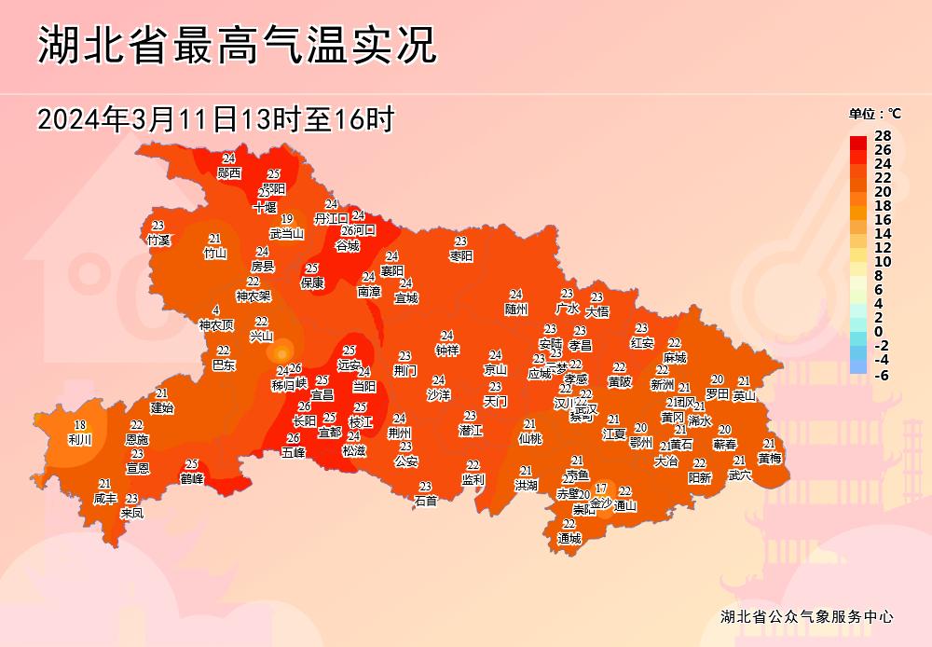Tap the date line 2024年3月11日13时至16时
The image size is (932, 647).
pyautogui.click(x=216, y=119)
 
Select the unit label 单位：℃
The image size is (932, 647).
pyautogui.click(x=874, y=114)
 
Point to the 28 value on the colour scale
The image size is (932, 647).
pyautogui.click(x=883, y=136)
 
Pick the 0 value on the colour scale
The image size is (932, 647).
pyautogui.click(x=879, y=332)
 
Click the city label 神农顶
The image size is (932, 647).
pyautogui.click(x=216, y=324)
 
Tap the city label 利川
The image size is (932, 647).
pyautogui.click(x=80, y=438)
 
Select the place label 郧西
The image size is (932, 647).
pyautogui.click(x=229, y=172)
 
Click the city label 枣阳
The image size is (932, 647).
pyautogui.click(x=461, y=255)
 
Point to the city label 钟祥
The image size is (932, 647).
pyautogui.click(x=447, y=351)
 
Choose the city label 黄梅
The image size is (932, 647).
pyautogui.click(x=770, y=458)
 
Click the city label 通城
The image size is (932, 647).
pyautogui.click(x=569, y=538)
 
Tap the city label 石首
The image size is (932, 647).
pyautogui.click(x=426, y=501)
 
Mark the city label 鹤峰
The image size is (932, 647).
pyautogui.click(x=192, y=478)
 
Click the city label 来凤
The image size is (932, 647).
pyautogui.click(x=132, y=513)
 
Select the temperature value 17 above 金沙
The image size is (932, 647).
pyautogui.click(x=601, y=489)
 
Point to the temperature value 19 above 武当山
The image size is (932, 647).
pyautogui.click(x=287, y=219)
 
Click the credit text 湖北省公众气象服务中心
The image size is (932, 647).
pyautogui.click(x=807, y=616)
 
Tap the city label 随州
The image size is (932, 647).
pyautogui.click(x=516, y=309)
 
